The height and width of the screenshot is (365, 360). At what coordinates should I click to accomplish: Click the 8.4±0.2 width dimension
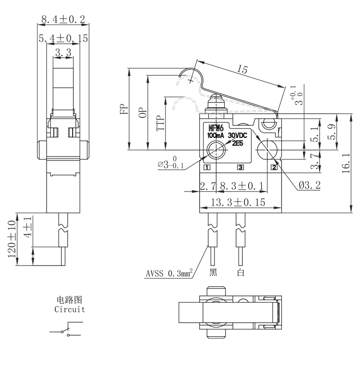pos(62,20)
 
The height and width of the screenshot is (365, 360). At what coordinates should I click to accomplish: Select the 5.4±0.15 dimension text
pos(62,39)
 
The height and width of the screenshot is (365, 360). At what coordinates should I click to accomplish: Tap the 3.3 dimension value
pos(63,53)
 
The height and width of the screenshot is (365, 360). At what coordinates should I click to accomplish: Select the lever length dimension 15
pos(242,70)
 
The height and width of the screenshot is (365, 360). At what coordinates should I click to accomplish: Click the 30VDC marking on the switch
pos(239,135)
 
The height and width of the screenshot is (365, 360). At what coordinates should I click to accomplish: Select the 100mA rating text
pos(216,136)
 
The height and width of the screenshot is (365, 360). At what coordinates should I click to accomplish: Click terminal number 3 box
pos(240,167)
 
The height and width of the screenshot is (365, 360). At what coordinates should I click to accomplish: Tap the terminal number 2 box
pos(274,167)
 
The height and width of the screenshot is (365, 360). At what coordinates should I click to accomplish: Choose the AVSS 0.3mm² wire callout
pos(169,274)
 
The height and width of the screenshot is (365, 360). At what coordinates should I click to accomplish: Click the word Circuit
pos(70,309)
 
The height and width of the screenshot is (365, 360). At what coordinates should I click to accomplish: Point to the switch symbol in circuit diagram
pos(65,331)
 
